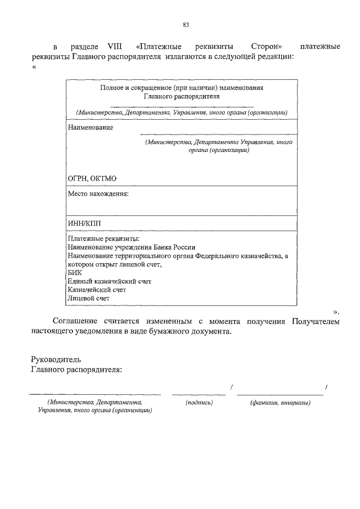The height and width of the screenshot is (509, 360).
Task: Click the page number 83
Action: (186, 24)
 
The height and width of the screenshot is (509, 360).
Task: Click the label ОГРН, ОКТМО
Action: (92, 179)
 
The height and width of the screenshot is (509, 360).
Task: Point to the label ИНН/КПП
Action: (84, 223)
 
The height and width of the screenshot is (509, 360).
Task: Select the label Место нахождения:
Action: (98, 194)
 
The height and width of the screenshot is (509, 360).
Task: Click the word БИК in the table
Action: (74, 272)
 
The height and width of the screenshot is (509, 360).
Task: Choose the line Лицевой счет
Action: (88, 298)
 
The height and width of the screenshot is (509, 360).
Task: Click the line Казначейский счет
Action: (96, 290)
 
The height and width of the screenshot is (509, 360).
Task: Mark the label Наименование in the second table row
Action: (90, 128)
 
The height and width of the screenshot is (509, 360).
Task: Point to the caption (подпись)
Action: (199, 403)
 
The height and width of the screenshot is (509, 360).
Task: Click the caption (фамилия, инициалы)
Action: (280, 403)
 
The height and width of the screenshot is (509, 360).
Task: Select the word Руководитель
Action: (56, 359)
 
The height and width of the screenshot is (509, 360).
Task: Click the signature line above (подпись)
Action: (199, 394)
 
